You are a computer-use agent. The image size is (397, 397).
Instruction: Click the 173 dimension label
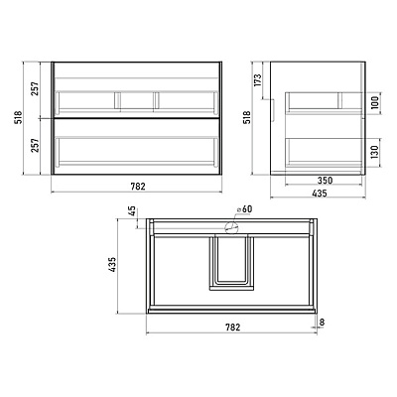click(x=258, y=79)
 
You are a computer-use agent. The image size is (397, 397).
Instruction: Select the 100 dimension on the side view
click(x=375, y=103)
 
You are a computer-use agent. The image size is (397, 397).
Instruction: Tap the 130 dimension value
click(x=375, y=153)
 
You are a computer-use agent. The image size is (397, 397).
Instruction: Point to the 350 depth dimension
click(x=325, y=181)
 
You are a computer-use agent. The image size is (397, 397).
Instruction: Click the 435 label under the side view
click(x=320, y=193)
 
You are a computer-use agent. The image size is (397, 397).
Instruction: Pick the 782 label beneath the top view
click(x=233, y=328)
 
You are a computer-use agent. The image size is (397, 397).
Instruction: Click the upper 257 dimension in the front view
click(x=35, y=88)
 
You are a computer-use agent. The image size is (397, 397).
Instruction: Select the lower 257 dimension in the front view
click(x=35, y=146)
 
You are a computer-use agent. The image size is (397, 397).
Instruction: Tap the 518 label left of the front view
click(x=19, y=117)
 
